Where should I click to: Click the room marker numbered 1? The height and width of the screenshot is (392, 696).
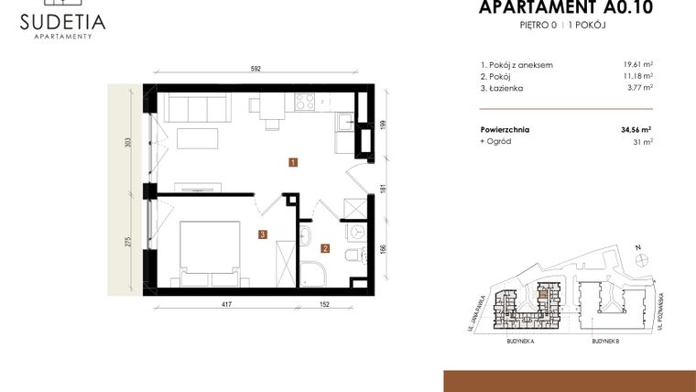291,163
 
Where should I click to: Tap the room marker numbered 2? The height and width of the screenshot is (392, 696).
324,246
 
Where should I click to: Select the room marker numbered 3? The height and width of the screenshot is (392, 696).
262,234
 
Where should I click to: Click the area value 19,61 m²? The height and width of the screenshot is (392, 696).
636,65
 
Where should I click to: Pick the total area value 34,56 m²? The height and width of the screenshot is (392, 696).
635,130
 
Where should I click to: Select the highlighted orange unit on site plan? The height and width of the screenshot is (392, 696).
543,294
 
